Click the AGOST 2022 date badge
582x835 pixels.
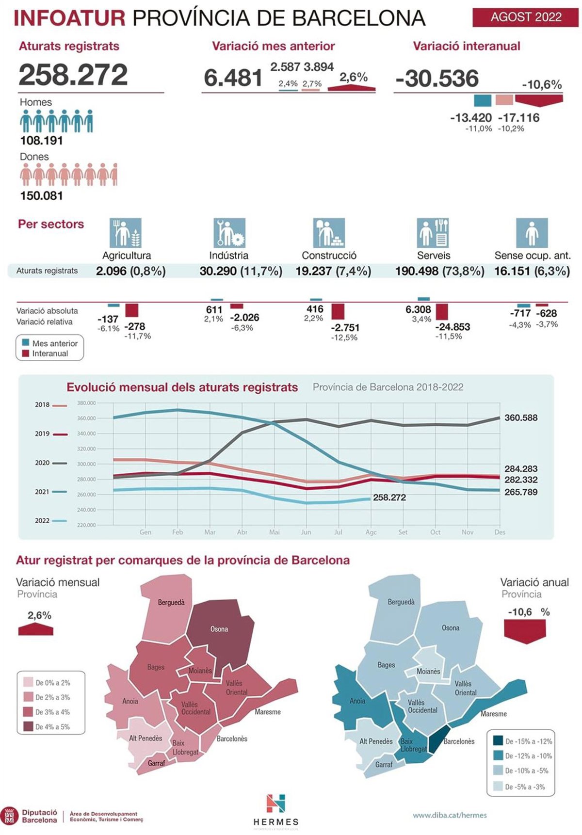point(526,17)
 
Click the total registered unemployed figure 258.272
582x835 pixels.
point(73,75)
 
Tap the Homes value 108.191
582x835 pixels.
point(41,141)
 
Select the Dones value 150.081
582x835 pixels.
point(41,196)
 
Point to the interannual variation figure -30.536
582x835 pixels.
point(437,79)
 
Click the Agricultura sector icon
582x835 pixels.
point(126,233)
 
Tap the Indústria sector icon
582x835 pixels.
point(229,233)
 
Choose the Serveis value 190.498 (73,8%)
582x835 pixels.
point(439,271)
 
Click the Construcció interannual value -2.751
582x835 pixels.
point(345,328)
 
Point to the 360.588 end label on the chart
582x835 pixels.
point(521,417)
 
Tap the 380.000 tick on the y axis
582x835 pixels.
point(86,403)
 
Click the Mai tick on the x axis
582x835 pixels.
point(275,532)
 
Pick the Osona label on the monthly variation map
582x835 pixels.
point(219,629)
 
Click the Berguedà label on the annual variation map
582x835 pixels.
point(401,602)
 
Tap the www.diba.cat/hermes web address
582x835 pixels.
point(450,815)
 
